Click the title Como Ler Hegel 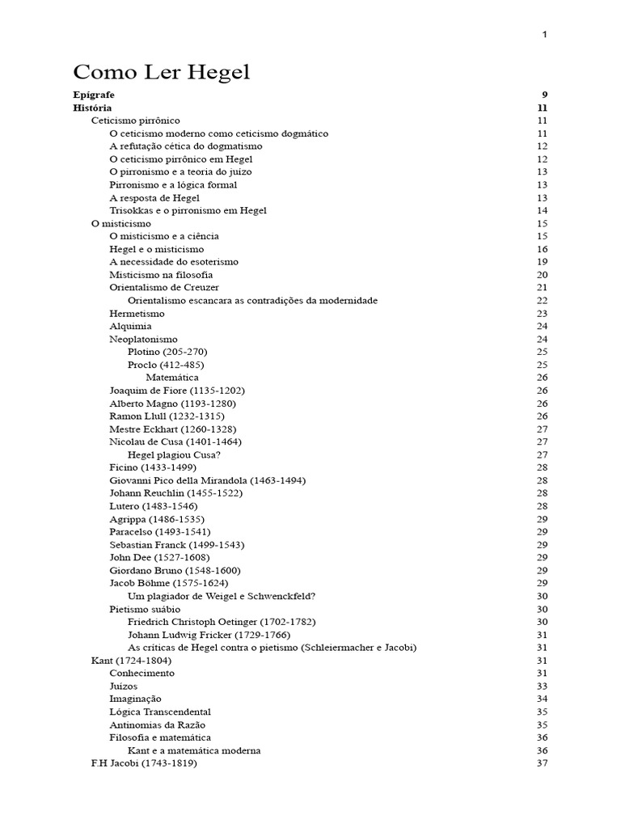(162, 73)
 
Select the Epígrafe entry (94, 95)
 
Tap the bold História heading (92, 108)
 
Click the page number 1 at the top (544, 34)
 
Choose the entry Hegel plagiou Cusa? (174, 454)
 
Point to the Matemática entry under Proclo (171, 378)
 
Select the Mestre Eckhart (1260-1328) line (172, 429)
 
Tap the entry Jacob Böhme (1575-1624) (168, 583)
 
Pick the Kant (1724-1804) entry (131, 660)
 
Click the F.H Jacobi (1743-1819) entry (144, 763)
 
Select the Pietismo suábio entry (145, 609)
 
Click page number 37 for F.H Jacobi (542, 763)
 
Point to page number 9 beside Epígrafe (544, 95)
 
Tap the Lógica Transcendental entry (160, 712)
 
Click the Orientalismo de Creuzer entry (164, 287)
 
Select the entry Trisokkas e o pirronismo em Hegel (188, 210)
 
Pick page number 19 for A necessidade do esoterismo (542, 262)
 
